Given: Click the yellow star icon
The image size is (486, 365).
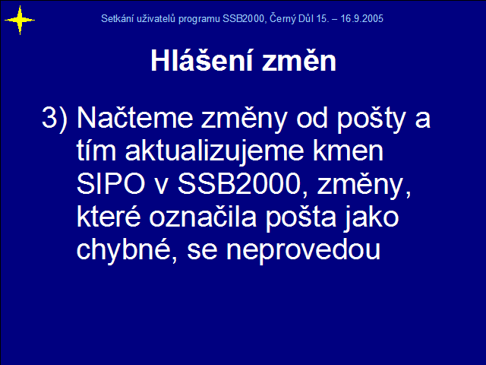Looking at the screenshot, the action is [20, 21].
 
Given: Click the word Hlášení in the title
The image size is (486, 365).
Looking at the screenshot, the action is [202, 60].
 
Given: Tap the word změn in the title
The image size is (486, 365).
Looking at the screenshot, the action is [299, 60].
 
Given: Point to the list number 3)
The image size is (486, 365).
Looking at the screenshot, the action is [55, 117].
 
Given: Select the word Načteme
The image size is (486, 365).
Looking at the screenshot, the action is [135, 117].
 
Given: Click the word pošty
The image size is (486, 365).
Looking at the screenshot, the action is [371, 119].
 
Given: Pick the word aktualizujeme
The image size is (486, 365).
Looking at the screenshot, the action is [214, 152].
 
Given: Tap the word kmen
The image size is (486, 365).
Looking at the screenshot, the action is [348, 151].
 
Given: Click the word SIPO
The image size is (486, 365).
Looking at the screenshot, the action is [111, 183].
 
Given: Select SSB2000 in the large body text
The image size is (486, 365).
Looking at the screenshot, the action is [239, 183].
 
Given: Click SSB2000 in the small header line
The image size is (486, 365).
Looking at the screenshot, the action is [244, 18].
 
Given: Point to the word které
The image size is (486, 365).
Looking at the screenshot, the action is [109, 217].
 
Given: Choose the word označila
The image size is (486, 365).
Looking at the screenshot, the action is [203, 217].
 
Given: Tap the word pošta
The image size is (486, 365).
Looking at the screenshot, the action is [301, 218].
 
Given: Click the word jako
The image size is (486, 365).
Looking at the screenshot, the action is [371, 218].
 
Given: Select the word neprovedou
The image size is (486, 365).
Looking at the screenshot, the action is [304, 252].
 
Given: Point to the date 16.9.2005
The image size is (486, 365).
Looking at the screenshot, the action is [362, 18].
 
